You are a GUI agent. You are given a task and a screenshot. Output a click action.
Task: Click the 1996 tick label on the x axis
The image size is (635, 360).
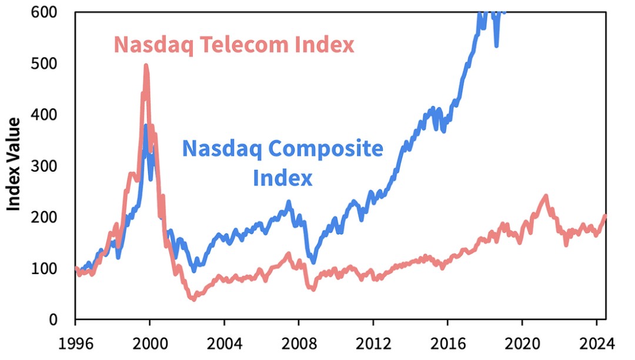coord(75,342)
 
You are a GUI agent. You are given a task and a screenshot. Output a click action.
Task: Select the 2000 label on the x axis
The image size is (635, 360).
coord(149,342)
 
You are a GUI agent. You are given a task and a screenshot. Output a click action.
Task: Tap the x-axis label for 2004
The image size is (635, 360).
coord(224,342)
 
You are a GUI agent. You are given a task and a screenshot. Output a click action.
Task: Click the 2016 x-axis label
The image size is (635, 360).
coord(447,342)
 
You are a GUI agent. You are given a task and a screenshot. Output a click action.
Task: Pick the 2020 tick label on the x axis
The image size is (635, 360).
coord(522,342)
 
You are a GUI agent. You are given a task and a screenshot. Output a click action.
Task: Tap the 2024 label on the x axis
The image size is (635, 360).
coord(596,342)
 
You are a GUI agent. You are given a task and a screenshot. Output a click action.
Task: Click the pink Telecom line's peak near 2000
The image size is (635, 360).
coord(146,66)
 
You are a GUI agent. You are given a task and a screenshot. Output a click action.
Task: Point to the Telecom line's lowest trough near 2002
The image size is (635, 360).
coord(193,299)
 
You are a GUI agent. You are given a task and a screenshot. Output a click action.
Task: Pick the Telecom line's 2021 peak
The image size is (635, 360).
coord(546,196)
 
